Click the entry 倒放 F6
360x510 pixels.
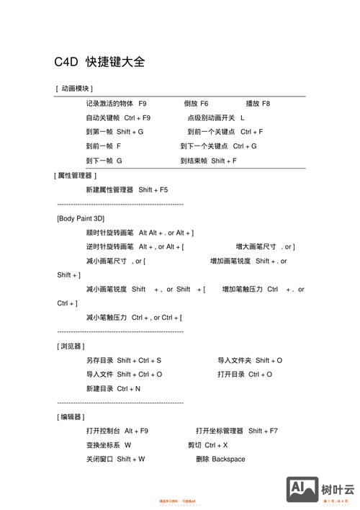[196, 104]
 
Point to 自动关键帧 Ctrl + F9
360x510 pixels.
[118, 117]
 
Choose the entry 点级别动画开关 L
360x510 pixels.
[216, 117]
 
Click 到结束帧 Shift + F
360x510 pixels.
[209, 161]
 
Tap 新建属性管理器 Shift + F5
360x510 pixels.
[127, 189]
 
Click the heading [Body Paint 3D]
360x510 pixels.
[81, 218]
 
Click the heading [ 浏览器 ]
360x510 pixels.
[70, 346]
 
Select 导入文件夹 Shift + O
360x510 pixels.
[250, 360]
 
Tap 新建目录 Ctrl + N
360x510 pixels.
[113, 388]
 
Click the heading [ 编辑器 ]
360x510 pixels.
[70, 416]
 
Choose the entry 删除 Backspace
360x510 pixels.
[220, 459]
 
